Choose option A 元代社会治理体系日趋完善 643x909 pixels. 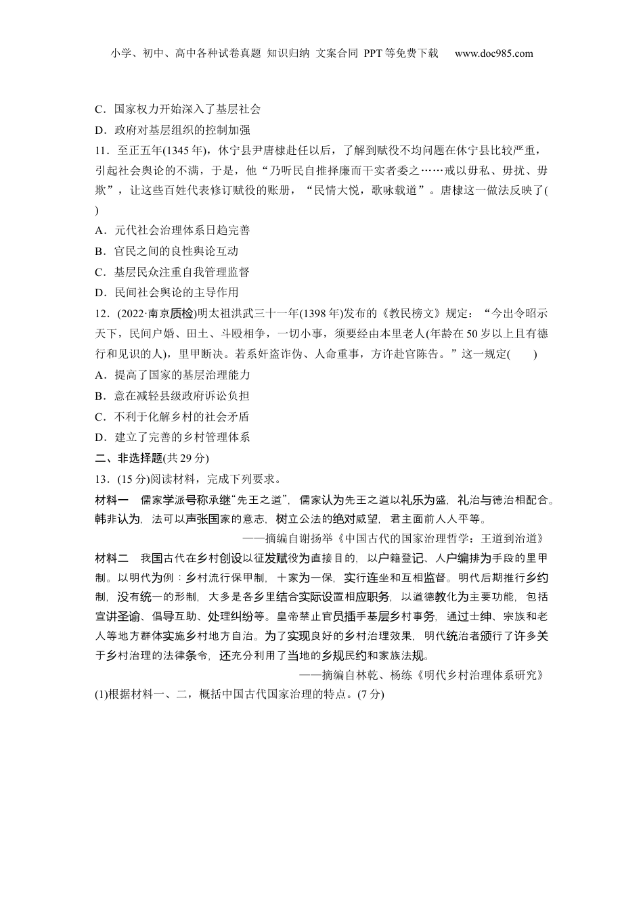(173, 231)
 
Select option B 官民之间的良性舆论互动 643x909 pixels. (167, 252)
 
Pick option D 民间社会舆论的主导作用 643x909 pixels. (167, 293)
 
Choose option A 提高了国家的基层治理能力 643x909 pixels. (173, 375)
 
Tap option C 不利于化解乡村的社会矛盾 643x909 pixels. (173, 417)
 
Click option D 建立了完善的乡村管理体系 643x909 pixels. (173, 438)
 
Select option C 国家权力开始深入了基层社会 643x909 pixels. (178, 109)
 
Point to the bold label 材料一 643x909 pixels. (112, 500)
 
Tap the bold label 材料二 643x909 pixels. (112, 559)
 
